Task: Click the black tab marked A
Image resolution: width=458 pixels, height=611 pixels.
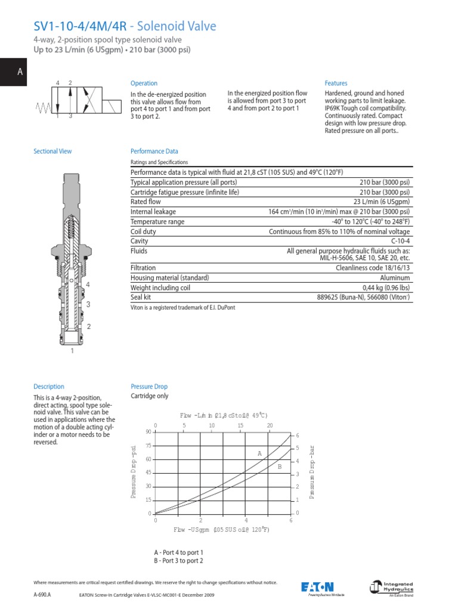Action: (20, 72)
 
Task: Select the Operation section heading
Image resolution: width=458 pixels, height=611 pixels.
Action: (144, 84)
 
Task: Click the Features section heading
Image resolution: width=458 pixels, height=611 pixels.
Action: (336, 84)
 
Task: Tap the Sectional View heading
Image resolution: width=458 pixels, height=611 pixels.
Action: (52, 152)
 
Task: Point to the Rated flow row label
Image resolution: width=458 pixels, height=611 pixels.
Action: (147, 202)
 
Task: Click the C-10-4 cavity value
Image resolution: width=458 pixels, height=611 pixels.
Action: (398, 240)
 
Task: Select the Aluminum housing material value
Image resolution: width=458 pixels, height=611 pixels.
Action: (395, 278)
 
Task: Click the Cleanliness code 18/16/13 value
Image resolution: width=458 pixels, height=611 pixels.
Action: (373, 269)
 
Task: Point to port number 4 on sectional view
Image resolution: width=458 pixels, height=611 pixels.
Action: (88, 285)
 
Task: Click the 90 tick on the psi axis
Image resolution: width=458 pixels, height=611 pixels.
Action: (148, 431)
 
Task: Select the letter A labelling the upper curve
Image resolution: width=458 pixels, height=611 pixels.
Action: (260, 454)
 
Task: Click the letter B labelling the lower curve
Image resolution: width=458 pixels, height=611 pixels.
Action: (278, 467)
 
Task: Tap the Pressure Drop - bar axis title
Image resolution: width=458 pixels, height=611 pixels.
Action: (311, 472)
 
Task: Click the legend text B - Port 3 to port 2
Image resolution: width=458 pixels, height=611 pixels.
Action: (178, 561)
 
